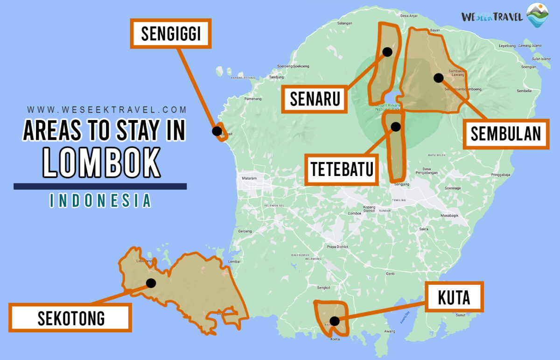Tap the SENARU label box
314,99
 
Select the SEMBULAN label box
505,134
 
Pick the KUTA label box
454,296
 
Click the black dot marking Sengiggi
217,131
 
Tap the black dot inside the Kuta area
335,321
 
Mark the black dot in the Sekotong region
151,283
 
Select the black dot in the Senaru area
387,51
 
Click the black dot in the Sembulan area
438,78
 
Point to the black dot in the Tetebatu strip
396,127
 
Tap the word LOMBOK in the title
102,163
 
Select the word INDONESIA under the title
100,200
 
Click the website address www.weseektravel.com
106,110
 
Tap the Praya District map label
337,247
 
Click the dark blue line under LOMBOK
100,186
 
